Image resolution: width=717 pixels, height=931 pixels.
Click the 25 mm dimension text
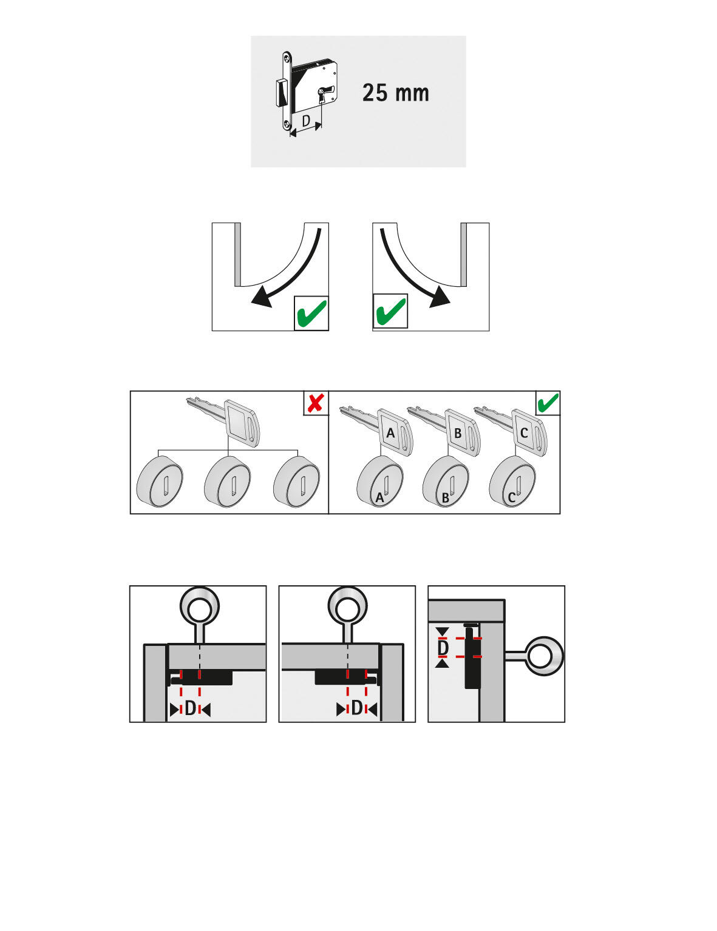click(x=395, y=93)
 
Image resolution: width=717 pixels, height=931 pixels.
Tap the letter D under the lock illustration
click(x=306, y=121)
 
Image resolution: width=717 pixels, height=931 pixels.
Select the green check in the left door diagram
click(x=311, y=314)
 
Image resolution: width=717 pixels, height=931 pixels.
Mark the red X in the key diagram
click(x=315, y=403)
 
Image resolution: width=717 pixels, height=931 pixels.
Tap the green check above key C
click(x=548, y=403)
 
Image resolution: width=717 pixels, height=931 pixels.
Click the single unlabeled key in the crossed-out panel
click(x=240, y=422)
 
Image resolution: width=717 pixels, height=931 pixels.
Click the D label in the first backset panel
click(x=190, y=708)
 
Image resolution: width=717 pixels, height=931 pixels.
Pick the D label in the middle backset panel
click(x=357, y=708)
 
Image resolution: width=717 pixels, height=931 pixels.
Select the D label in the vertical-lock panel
click(x=443, y=648)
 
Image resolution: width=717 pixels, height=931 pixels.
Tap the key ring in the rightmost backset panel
click(x=544, y=656)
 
